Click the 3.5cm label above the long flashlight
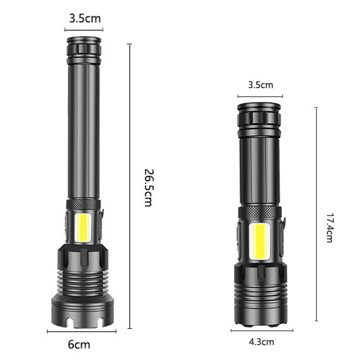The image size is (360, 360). pyautogui.click(x=85, y=18)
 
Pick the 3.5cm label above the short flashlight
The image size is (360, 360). pyautogui.click(x=260, y=84)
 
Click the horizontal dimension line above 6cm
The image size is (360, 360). pyautogui.click(x=81, y=332)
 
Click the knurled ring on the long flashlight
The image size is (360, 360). pyautogui.click(x=84, y=204)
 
